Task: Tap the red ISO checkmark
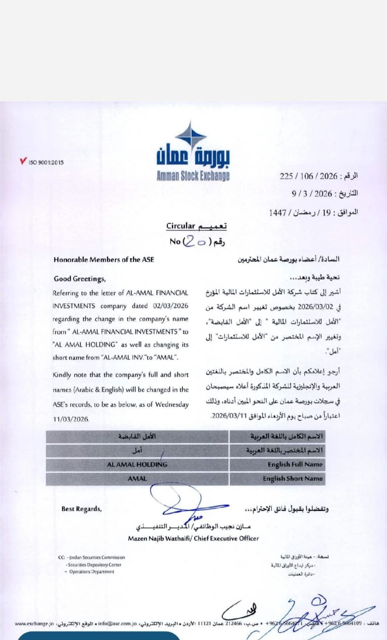click(23, 161)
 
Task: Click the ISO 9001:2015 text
click(46, 162)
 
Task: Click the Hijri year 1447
click(278, 212)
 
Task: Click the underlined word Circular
click(181, 226)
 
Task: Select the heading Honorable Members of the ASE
click(103, 259)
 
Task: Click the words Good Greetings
click(79, 278)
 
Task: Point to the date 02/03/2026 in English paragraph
click(171, 306)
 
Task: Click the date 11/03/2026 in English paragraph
click(71, 419)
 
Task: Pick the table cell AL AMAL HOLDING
click(137, 464)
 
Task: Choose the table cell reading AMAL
click(137, 478)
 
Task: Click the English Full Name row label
click(295, 464)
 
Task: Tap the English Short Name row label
click(292, 478)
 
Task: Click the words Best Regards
click(81, 509)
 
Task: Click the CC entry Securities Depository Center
click(94, 565)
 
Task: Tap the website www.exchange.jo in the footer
click(34, 623)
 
